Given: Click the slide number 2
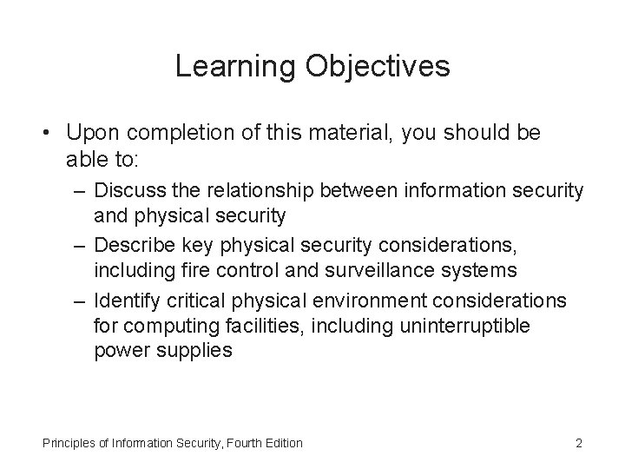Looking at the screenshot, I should (x=578, y=443).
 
